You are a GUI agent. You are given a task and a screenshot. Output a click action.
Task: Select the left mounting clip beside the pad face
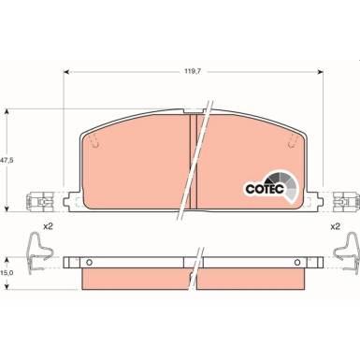(40, 201)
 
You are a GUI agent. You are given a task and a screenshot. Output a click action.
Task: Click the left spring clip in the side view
(36, 248)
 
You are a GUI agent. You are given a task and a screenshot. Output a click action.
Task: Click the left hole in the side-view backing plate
(91, 259)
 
